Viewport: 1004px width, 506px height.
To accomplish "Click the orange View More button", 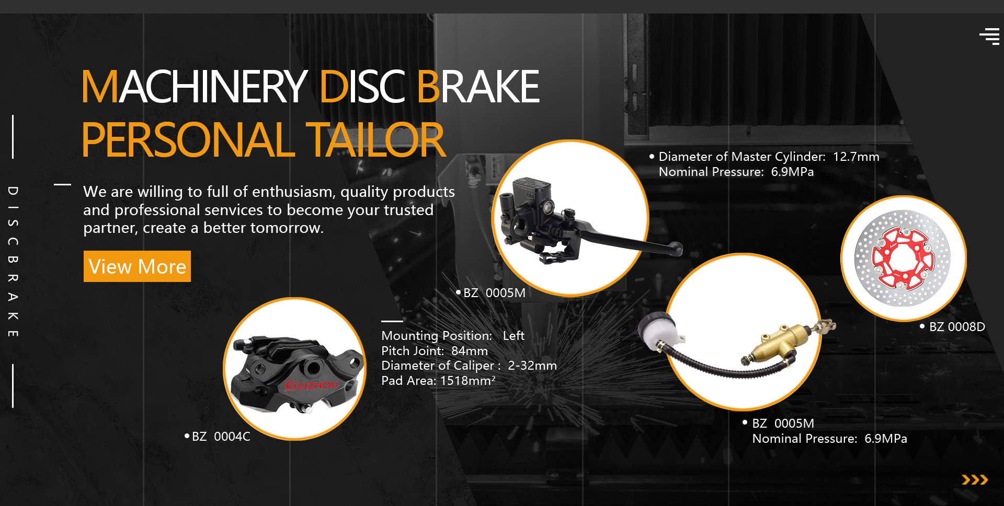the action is click(x=137, y=266).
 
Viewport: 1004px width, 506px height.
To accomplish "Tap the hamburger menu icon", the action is click(x=989, y=37).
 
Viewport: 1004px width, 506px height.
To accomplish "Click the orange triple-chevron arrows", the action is click(x=975, y=480).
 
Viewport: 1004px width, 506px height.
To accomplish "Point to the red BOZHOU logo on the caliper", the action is click(x=312, y=385).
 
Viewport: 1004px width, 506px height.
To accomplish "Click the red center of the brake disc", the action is click(x=903, y=258).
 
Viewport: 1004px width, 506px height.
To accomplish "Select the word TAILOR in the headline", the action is click(x=375, y=140).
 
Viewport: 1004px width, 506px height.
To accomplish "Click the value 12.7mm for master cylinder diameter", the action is click(x=856, y=157).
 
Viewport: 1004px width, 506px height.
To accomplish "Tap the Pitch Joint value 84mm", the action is click(x=470, y=351).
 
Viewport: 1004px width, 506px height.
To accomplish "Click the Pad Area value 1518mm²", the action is click(x=468, y=381).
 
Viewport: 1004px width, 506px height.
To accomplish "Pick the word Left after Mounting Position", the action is click(x=514, y=336).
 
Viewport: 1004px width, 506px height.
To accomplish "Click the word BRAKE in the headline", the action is click(x=478, y=87).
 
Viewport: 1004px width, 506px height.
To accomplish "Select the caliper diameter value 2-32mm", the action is click(x=532, y=366).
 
